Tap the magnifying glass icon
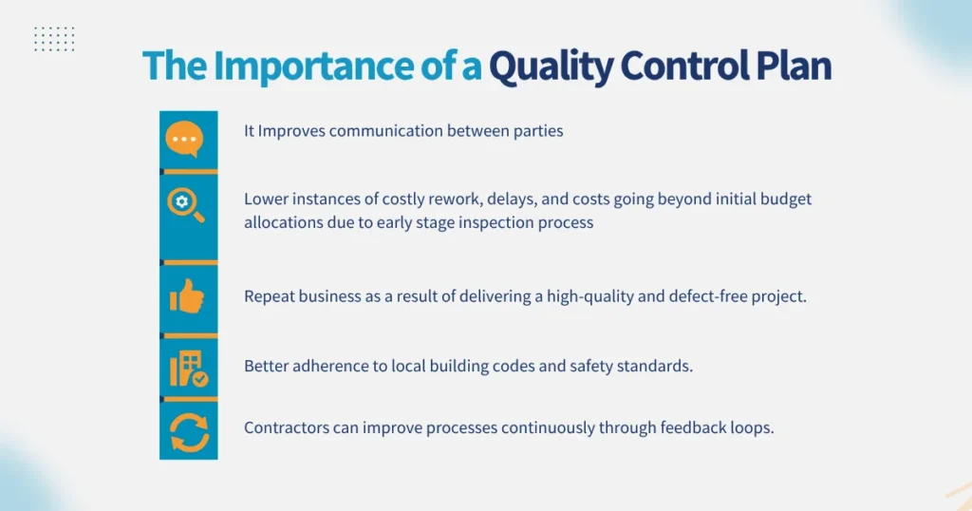pos(186,204)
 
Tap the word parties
pos(536,131)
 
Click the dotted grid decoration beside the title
pos(54,39)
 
